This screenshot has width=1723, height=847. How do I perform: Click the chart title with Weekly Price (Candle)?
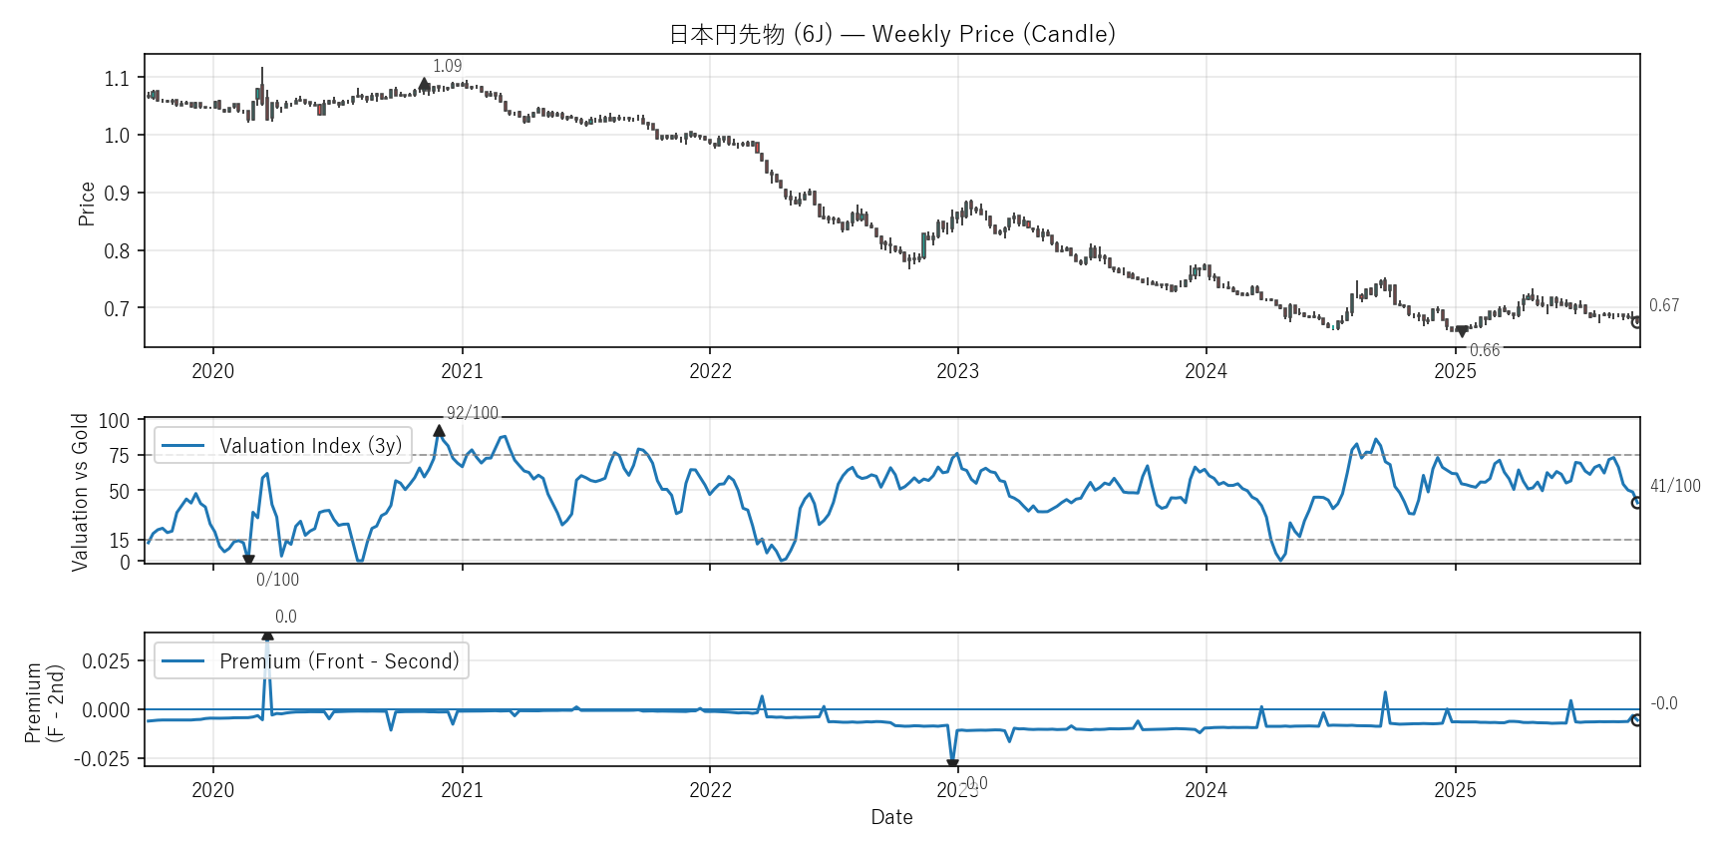pyautogui.click(x=891, y=34)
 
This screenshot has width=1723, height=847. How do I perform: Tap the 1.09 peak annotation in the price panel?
pyautogui.click(x=447, y=66)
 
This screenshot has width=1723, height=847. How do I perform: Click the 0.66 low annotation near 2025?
pyautogui.click(x=1484, y=350)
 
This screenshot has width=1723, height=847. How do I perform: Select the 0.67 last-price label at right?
pyautogui.click(x=1663, y=305)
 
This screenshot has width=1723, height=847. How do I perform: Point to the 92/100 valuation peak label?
pyautogui.click(x=472, y=413)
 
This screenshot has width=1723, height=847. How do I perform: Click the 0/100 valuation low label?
pyautogui.click(x=277, y=580)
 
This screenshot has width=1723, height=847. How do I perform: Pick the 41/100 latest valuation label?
pyautogui.click(x=1675, y=486)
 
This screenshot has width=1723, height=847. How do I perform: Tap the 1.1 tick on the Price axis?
pyautogui.click(x=117, y=78)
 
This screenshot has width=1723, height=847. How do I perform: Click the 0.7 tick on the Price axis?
pyautogui.click(x=117, y=308)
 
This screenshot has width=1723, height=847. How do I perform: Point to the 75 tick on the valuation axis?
pyautogui.click(x=120, y=456)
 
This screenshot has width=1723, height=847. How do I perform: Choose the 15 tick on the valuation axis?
pyautogui.click(x=120, y=540)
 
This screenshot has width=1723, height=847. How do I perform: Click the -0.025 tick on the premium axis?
pyautogui.click(x=102, y=759)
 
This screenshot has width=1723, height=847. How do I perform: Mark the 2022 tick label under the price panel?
pyautogui.click(x=710, y=372)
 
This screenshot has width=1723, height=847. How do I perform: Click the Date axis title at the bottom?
pyautogui.click(x=891, y=817)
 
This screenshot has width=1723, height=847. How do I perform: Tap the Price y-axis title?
pyautogui.click(x=87, y=204)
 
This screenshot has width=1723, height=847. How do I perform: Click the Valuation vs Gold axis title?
pyautogui.click(x=80, y=492)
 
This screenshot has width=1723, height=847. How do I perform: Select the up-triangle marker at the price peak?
pyautogui.click(x=425, y=85)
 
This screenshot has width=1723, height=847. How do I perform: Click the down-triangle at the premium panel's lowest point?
pyautogui.click(x=952, y=764)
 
